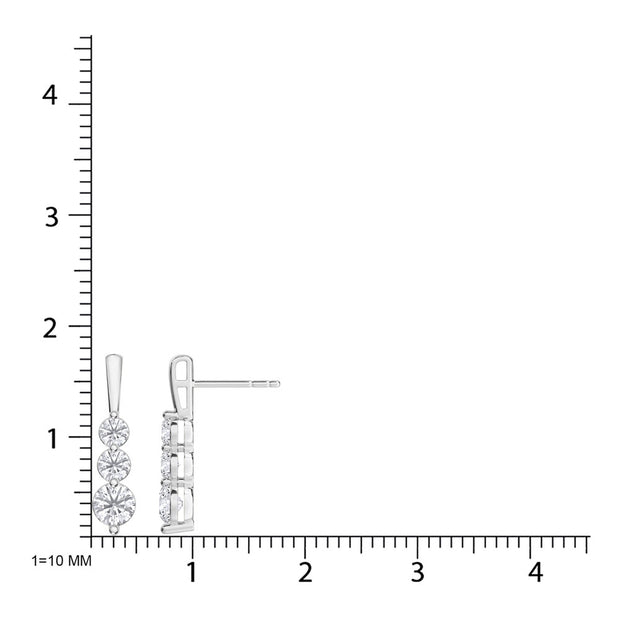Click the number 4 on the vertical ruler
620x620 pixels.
pyautogui.click(x=50, y=96)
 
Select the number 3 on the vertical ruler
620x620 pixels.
pyautogui.click(x=51, y=217)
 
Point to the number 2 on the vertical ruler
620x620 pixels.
pyautogui.click(x=50, y=329)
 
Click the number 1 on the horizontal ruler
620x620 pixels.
pyautogui.click(x=192, y=572)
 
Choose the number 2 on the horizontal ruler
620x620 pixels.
pyautogui.click(x=305, y=572)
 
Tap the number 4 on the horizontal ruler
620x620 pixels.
pyautogui.click(x=536, y=572)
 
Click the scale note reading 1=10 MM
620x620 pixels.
pyautogui.click(x=61, y=561)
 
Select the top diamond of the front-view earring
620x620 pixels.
pyautogui.click(x=114, y=432)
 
